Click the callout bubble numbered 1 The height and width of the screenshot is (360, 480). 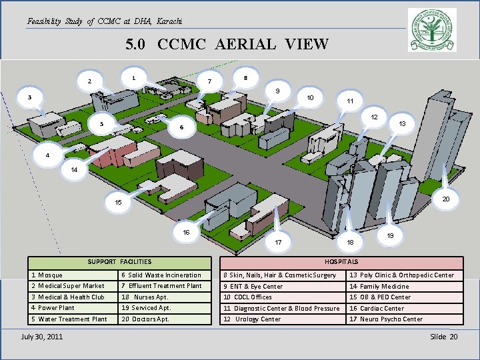[x=134, y=77]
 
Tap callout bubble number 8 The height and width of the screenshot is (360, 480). [x=246, y=77]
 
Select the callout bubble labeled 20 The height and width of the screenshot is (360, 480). [x=447, y=198]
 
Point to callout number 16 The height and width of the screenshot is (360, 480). [x=187, y=232]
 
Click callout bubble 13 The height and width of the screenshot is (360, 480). [x=401, y=124]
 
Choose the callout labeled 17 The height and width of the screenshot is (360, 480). [x=278, y=241]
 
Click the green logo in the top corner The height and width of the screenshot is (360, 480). [x=432, y=30]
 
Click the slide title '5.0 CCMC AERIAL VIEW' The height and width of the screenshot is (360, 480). [x=227, y=45]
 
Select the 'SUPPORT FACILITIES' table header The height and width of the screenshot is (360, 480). [x=121, y=262]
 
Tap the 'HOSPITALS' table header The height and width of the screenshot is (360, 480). [x=341, y=262]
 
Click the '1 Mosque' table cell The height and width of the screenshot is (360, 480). [x=74, y=275]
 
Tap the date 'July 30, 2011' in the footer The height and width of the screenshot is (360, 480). [x=42, y=336]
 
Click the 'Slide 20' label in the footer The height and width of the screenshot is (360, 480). [x=444, y=336]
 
